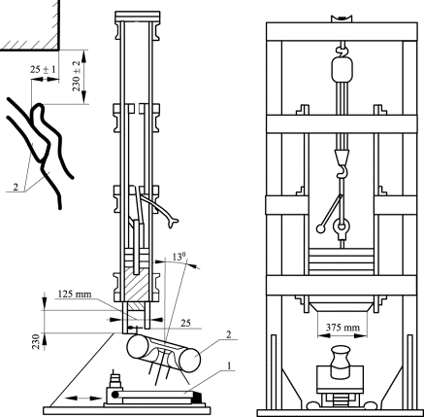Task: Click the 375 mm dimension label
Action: pyautogui.click(x=342, y=328)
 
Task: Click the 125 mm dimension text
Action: pyautogui.click(x=75, y=295)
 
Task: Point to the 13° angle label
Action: pyautogui.click(x=179, y=258)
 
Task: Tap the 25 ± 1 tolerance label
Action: pyautogui.click(x=43, y=69)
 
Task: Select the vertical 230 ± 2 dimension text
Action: pyautogui.click(x=77, y=76)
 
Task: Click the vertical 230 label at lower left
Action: pyautogui.click(x=36, y=341)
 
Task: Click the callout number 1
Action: pyautogui.click(x=229, y=365)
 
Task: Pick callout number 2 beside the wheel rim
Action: pyautogui.click(x=229, y=335)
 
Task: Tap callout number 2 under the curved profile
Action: pyautogui.click(x=16, y=187)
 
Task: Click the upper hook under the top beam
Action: pyautogui.click(x=342, y=50)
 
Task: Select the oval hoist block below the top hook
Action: pyautogui.click(x=342, y=70)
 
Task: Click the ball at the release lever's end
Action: pyautogui.click(x=320, y=228)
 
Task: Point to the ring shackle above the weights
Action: pyautogui.click(x=342, y=226)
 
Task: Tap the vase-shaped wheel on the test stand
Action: pyautogui.click(x=340, y=363)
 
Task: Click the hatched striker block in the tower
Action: pyautogui.click(x=138, y=285)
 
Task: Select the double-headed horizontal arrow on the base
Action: pyautogui.click(x=83, y=399)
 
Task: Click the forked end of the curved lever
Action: pyautogui.click(x=174, y=223)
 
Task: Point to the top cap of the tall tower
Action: pyautogui.click(x=138, y=16)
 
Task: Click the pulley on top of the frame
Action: pyautogui.click(x=342, y=18)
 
